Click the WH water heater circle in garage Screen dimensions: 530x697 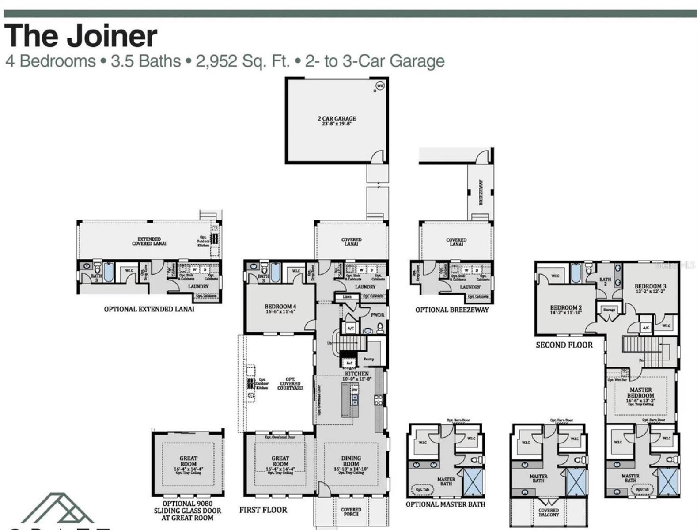click(380, 86)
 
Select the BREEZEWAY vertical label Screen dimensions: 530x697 click(481, 192)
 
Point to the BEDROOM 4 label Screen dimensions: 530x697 click(280, 308)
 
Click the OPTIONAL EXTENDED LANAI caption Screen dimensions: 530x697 click(149, 309)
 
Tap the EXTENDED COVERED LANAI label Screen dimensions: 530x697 click(149, 241)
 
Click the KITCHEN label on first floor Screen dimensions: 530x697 click(357, 376)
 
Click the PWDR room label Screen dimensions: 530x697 click(377, 315)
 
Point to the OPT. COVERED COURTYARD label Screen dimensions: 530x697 click(290, 383)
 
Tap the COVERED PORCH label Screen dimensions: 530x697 click(351, 512)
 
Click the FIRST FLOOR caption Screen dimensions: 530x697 click(263, 510)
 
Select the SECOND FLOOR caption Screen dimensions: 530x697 click(564, 345)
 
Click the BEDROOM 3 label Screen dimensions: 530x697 click(650, 288)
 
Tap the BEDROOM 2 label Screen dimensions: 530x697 click(566, 310)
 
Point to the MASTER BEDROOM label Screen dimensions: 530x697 click(640, 393)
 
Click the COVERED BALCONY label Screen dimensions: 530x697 click(549, 512)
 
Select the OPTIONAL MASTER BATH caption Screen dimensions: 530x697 click(445, 504)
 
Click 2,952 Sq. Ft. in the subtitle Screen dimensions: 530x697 click(242, 61)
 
